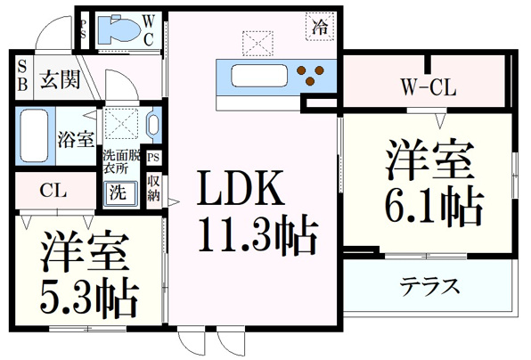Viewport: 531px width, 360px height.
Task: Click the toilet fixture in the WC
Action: [x=118, y=29]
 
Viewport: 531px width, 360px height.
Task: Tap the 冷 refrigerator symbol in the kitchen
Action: [x=320, y=27]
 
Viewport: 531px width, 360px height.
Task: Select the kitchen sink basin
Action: [x=259, y=76]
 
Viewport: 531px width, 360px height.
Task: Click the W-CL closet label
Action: [x=429, y=87]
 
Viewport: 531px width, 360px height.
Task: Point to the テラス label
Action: [x=429, y=287]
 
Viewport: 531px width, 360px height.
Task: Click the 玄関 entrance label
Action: [x=61, y=80]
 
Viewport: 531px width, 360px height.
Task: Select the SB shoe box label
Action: [x=22, y=77]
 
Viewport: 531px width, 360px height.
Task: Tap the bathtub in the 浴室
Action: [x=34, y=135]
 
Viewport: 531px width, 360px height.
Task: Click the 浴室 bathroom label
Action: [x=76, y=139]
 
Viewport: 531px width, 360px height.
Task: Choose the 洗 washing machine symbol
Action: [x=120, y=193]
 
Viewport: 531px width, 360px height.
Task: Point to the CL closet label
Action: [x=53, y=191]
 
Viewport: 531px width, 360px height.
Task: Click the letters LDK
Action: [x=241, y=188]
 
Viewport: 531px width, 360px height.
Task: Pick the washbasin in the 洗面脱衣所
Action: [x=153, y=124]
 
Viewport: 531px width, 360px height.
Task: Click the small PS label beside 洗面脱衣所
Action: [x=153, y=158]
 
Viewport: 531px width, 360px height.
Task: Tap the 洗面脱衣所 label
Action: [x=121, y=161]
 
